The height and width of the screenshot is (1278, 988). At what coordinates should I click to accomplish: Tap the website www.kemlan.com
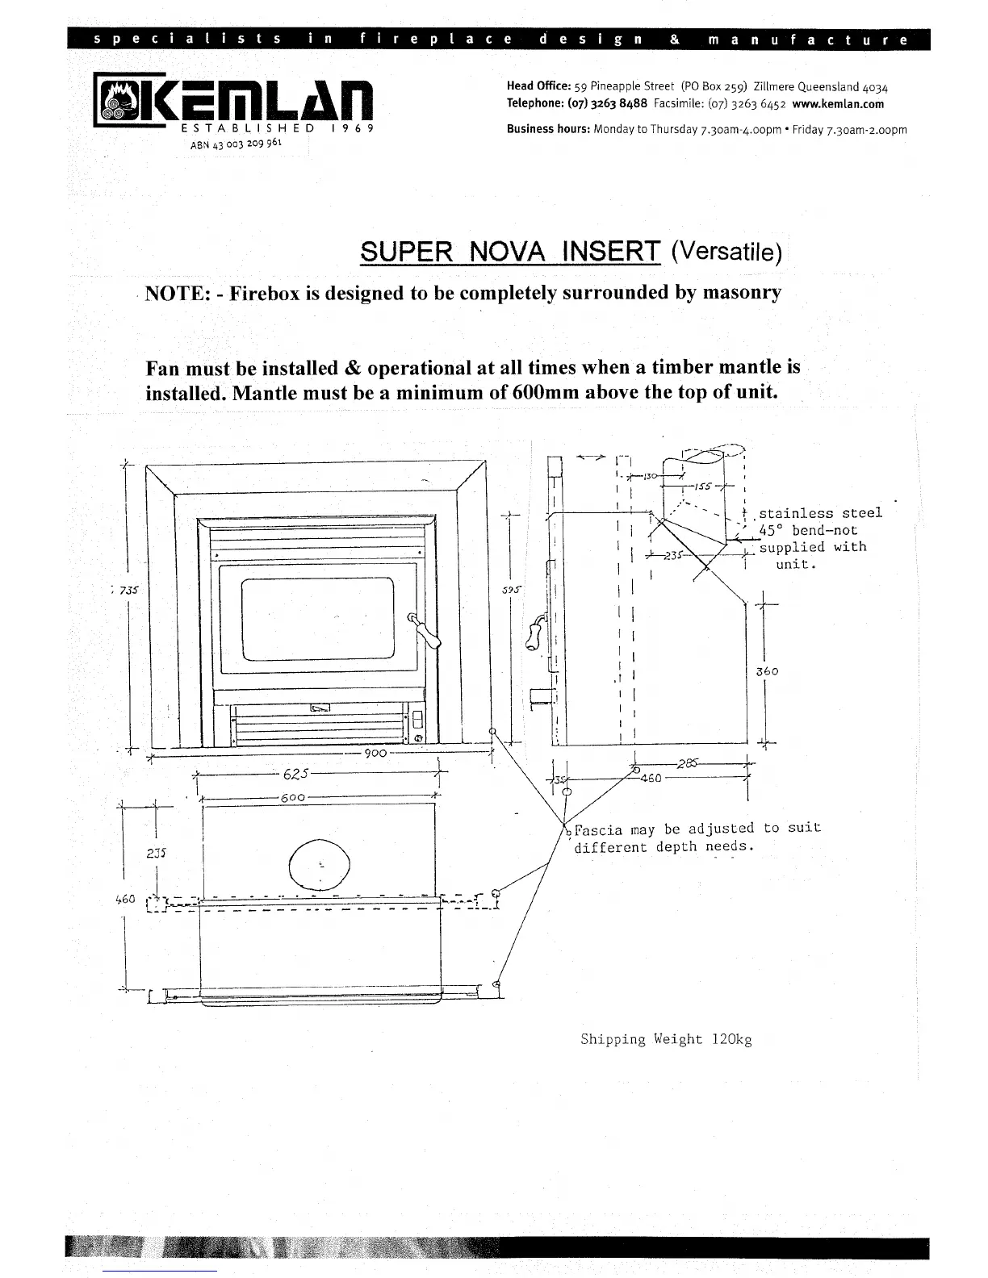(838, 104)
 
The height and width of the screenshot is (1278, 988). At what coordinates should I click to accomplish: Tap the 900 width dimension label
(377, 753)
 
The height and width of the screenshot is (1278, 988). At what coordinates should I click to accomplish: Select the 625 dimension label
(296, 775)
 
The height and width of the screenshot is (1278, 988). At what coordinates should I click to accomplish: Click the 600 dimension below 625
(292, 798)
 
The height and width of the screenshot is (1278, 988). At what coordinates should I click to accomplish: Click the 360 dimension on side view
(767, 671)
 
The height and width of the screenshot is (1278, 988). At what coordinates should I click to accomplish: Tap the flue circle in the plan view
(320, 862)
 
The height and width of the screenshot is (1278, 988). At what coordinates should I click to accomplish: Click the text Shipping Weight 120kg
(666, 1039)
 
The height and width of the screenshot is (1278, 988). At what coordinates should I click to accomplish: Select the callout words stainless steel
(820, 513)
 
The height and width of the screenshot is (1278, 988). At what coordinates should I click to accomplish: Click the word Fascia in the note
(598, 829)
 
